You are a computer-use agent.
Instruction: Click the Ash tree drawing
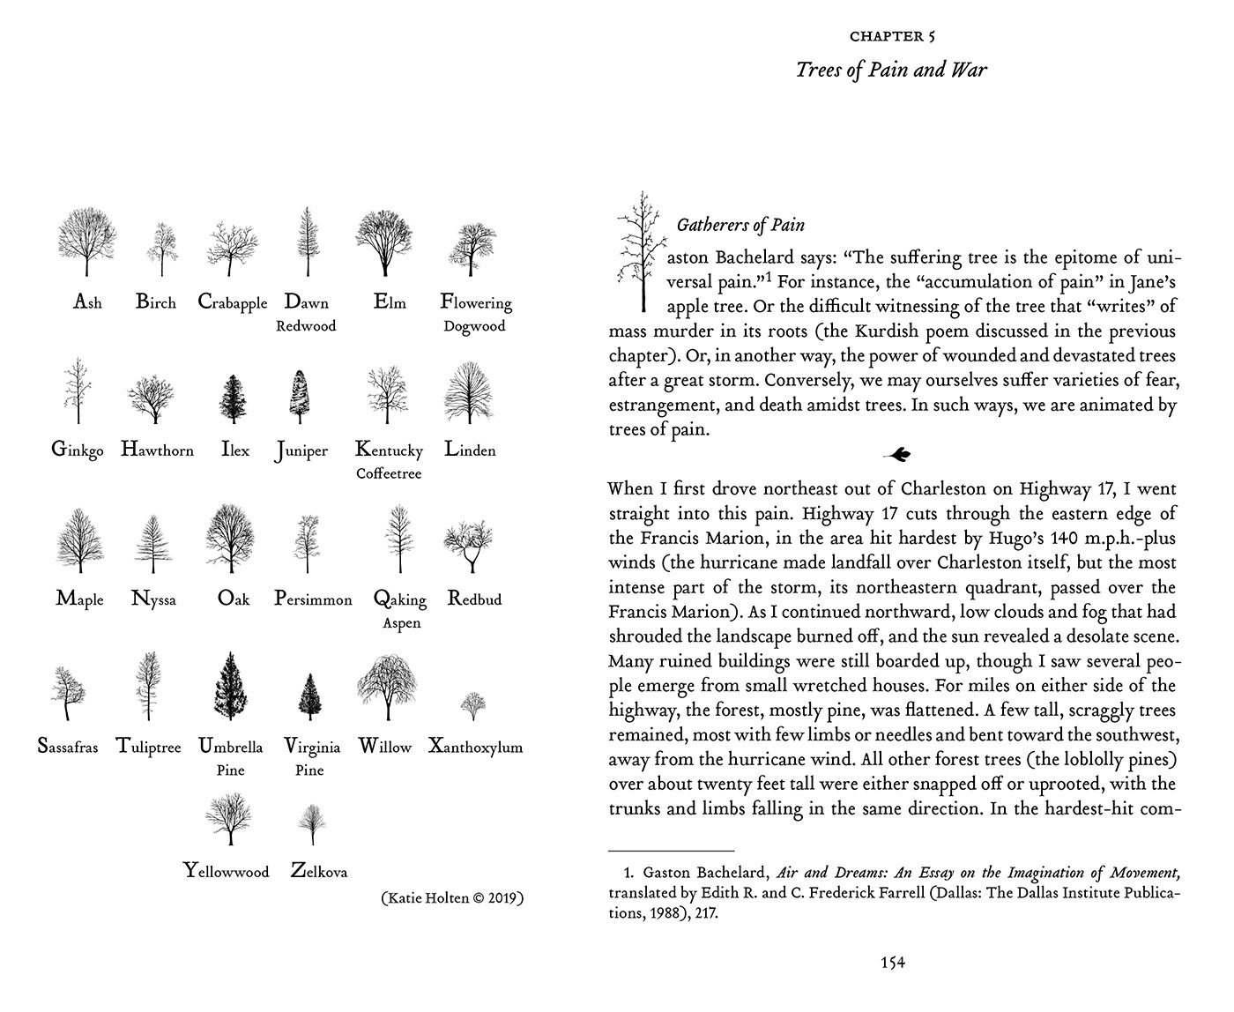[86, 243]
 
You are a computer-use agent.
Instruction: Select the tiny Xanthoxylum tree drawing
[473, 705]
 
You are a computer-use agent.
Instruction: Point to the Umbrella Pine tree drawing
[230, 686]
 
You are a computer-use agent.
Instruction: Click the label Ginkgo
[78, 450]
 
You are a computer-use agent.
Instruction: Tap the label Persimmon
[313, 599]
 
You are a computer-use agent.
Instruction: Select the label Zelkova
[319, 872]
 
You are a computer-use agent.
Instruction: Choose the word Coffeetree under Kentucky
[389, 473]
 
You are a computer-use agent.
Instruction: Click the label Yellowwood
[227, 872]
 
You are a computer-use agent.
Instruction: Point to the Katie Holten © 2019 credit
[452, 898]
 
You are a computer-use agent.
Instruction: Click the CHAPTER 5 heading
[892, 36]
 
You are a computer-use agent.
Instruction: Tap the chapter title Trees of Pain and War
[891, 70]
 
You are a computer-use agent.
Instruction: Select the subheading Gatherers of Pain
[740, 225]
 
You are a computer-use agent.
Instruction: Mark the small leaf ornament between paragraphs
[896, 455]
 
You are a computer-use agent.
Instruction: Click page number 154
[893, 963]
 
